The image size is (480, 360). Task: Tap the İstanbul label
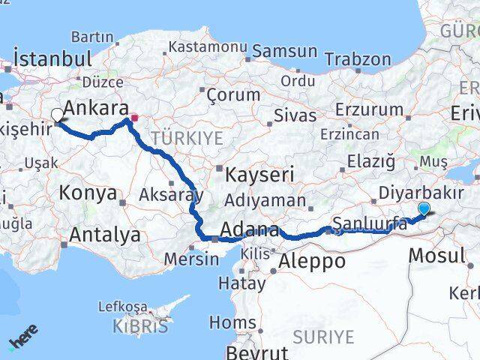click(52, 59)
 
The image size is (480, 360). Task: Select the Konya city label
click(88, 193)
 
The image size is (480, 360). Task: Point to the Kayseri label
click(262, 175)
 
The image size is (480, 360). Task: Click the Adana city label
click(250, 230)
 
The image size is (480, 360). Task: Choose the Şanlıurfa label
click(370, 223)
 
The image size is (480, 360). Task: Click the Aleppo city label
click(312, 261)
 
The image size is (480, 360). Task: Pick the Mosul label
click(437, 255)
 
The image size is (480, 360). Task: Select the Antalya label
click(104, 235)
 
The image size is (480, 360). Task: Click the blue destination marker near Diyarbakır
click(424, 209)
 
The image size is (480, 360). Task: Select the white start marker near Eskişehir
click(57, 115)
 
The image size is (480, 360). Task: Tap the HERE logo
click(22, 340)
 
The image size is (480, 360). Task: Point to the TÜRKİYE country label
click(187, 138)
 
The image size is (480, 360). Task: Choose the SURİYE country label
click(323, 337)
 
